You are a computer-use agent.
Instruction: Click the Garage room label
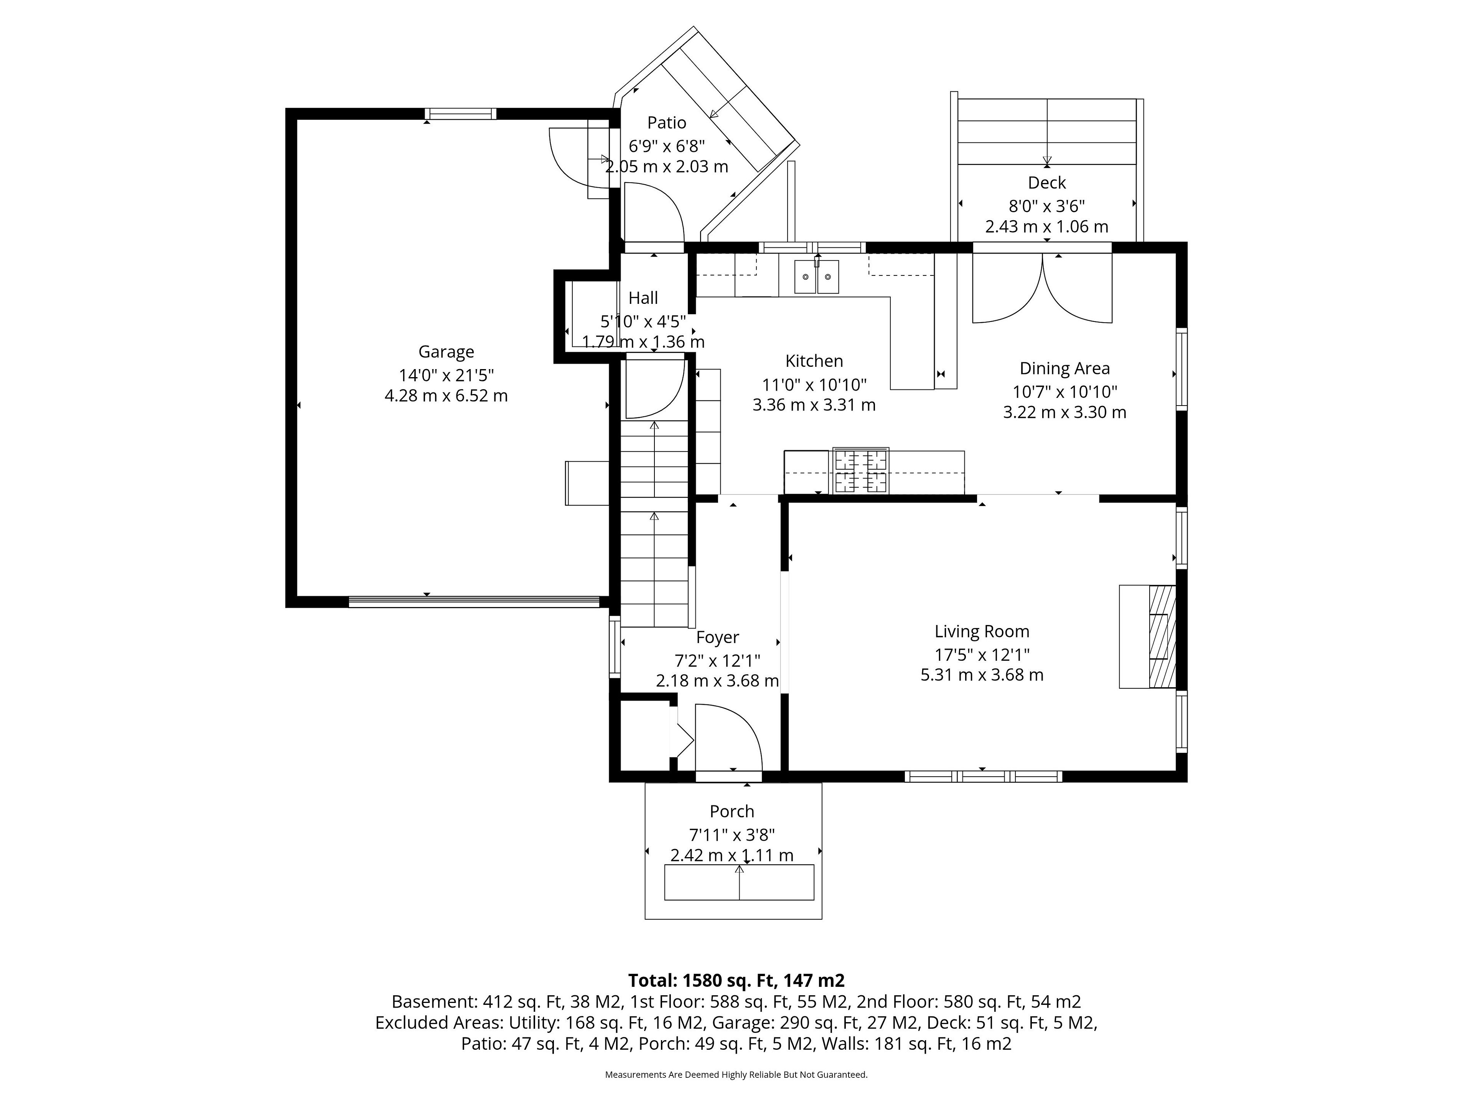[446, 352]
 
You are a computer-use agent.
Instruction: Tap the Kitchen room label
[814, 361]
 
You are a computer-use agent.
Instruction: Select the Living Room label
[982, 632]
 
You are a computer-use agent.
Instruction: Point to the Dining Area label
[1064, 368]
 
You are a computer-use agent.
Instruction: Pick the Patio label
[667, 122]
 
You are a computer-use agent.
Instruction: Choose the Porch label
[732, 811]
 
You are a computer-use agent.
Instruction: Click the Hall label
[643, 298]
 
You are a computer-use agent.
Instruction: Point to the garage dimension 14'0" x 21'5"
[446, 375]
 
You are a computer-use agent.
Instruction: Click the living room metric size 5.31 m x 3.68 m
[982, 675]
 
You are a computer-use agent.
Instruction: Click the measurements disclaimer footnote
[736, 1074]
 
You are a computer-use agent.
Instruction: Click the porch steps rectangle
[739, 882]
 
